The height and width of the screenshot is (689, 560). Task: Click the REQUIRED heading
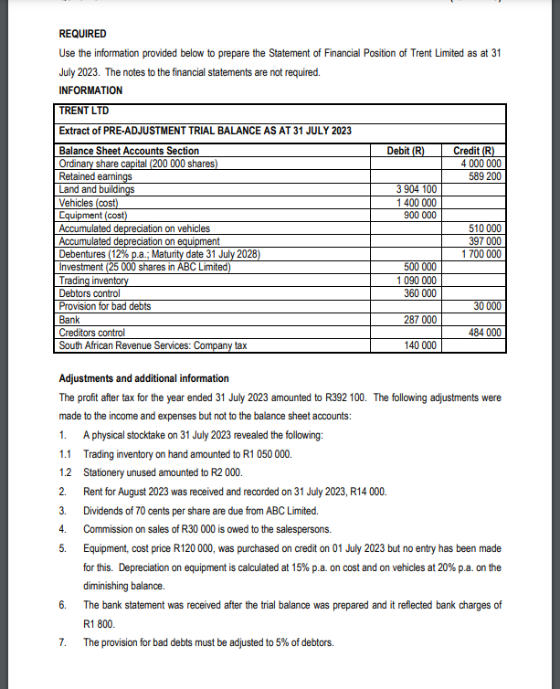[x=82, y=34]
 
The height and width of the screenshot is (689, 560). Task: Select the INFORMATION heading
[x=90, y=90]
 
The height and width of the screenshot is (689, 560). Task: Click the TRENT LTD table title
[x=85, y=111]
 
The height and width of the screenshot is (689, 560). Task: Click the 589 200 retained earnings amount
[x=483, y=175]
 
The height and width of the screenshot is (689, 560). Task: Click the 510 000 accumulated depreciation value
[x=483, y=228]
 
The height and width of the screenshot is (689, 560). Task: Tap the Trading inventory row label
[x=95, y=280]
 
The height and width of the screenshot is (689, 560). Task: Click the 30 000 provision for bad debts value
[x=486, y=306]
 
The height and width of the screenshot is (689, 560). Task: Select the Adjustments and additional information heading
[x=143, y=378]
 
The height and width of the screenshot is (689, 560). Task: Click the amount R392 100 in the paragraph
[x=349, y=397]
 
